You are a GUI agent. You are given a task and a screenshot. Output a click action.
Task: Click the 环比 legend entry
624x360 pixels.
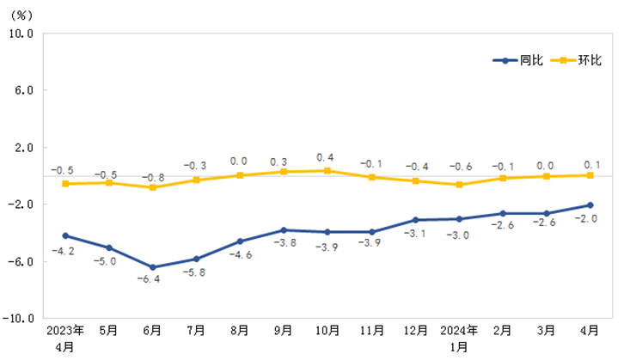click(577, 60)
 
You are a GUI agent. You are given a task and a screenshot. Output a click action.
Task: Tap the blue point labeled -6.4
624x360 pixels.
click(153, 267)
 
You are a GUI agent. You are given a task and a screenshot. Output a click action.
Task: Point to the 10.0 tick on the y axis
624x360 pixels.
click(20, 34)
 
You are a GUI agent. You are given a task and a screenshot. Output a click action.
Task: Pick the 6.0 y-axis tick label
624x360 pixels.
click(22, 90)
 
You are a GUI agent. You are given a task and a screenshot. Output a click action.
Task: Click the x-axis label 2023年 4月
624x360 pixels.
click(65, 338)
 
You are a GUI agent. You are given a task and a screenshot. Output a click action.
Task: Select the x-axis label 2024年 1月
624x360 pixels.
click(459, 338)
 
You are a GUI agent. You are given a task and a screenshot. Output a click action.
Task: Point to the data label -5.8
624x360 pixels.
click(196, 272)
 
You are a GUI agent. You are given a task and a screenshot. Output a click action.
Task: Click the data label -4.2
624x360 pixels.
click(65, 251)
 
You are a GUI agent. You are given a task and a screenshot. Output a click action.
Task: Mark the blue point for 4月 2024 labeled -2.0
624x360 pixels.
click(590, 204)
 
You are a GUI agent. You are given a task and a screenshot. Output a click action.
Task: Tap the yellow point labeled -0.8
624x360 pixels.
click(153, 187)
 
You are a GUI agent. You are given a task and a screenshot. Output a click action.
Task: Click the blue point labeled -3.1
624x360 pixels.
click(415, 220)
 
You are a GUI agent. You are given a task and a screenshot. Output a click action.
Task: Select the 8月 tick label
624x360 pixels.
click(240, 330)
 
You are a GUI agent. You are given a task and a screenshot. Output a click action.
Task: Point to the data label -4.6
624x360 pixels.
click(241, 255)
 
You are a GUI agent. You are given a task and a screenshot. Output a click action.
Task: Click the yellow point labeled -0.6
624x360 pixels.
click(459, 185)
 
